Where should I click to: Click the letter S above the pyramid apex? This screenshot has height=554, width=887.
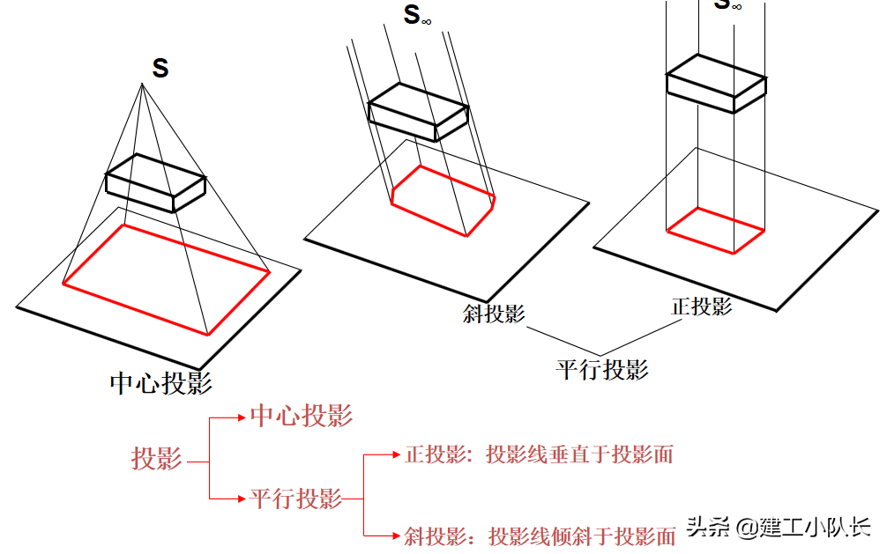click(160, 69)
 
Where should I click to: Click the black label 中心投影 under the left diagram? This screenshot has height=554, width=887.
click(160, 383)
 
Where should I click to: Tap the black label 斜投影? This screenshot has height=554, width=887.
click(494, 314)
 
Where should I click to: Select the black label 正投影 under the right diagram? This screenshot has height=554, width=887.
click(702, 307)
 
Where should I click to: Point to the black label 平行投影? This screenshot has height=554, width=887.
click(602, 369)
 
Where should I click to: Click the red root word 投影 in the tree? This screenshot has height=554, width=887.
click(157, 459)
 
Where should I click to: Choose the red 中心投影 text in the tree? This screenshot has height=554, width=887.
click(302, 417)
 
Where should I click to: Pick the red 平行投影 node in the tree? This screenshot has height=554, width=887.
click(295, 499)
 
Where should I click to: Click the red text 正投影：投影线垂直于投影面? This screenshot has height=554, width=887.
click(539, 454)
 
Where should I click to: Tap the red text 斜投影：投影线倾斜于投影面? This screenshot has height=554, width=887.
click(540, 536)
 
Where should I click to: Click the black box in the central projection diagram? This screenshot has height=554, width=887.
click(156, 183)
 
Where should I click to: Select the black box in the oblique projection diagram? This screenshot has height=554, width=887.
click(417, 113)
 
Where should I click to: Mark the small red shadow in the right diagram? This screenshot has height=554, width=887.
click(715, 231)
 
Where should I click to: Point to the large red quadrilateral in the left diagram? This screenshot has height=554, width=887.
click(166, 277)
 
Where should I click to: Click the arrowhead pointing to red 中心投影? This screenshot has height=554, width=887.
click(244, 417)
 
